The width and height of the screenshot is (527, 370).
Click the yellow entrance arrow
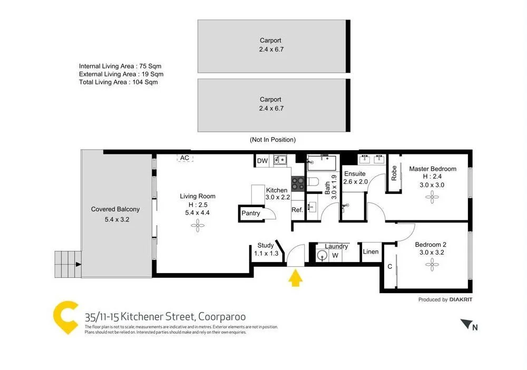[x=296, y=277]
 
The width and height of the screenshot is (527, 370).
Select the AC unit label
[x=184, y=158]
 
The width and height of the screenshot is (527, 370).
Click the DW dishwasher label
[x=262, y=161]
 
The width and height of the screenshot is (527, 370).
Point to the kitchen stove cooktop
[x=298, y=183]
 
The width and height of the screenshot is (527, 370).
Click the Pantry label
[x=251, y=213]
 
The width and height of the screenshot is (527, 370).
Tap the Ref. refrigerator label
[x=297, y=210]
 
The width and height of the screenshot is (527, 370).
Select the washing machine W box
[x=335, y=256]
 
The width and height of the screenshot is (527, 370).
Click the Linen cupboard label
[x=370, y=251]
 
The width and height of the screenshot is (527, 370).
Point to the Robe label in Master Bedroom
[x=394, y=173]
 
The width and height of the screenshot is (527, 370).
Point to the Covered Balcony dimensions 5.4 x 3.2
[x=115, y=219]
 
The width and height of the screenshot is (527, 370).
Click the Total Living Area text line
[x=118, y=82]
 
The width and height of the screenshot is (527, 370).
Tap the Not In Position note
[x=272, y=140]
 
